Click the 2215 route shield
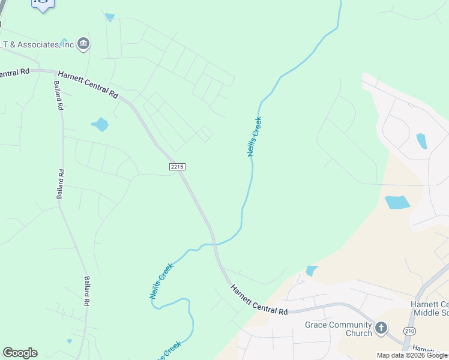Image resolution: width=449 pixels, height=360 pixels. (177, 166)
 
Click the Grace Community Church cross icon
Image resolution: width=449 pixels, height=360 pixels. (381, 328)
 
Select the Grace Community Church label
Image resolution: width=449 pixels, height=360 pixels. (339, 329)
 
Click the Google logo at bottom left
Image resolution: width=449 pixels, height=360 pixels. (20, 353)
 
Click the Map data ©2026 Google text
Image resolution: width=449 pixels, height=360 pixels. (412, 355)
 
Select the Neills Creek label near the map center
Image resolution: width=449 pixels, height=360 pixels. (255, 136)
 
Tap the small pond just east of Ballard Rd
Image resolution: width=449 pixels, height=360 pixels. (100, 125)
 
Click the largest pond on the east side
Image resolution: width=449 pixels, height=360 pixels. (397, 202)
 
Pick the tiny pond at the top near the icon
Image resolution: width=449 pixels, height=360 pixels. (109, 17)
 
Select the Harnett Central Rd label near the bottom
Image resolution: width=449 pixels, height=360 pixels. (259, 299)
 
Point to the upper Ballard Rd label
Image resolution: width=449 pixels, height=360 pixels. (58, 96)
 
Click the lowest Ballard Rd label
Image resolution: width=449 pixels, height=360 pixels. (87, 291)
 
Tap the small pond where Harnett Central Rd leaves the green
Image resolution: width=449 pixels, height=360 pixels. (312, 271)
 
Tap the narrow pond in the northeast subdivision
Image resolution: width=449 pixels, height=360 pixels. (422, 141)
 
